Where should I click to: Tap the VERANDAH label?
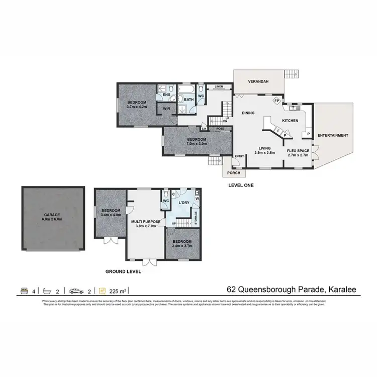259,81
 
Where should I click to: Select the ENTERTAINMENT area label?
332,136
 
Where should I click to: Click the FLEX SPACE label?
298,150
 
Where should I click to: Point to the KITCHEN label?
290,121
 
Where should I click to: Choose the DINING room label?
249,113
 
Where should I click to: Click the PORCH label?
233,173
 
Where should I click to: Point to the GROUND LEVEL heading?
123,271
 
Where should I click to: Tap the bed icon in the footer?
24,290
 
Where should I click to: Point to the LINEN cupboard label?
218,87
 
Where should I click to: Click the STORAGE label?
196,217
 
